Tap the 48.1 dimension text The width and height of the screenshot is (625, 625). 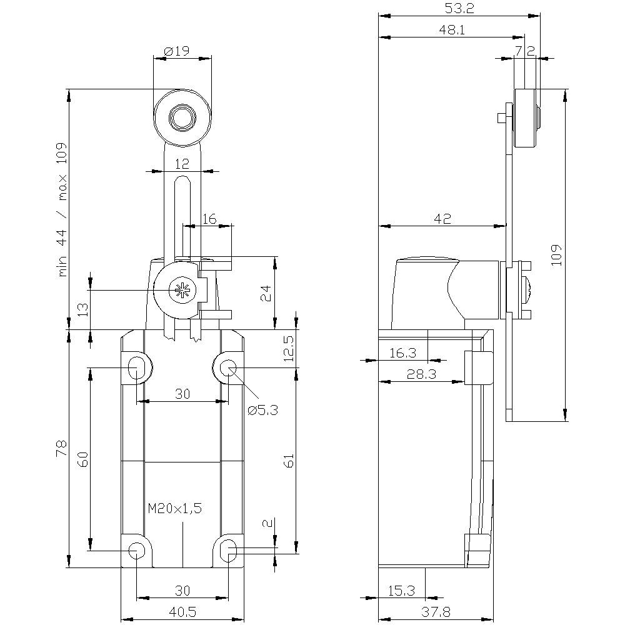[x=452, y=29]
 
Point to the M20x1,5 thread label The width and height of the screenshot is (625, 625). [x=175, y=509]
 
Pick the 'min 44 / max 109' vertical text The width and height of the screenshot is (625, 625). [x=62, y=209]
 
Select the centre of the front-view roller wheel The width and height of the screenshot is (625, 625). [x=182, y=117]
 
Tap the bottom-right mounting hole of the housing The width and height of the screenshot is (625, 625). [x=229, y=549]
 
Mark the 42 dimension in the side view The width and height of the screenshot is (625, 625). [x=442, y=218]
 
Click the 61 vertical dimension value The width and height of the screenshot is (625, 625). [x=288, y=461]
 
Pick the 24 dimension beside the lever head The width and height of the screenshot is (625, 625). [x=265, y=291]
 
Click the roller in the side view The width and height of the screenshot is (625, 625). [x=526, y=119]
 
